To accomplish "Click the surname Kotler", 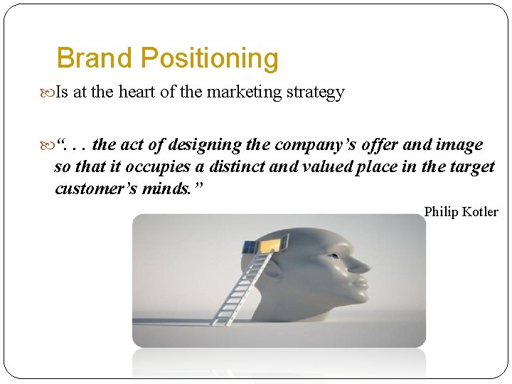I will click(x=481, y=212).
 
